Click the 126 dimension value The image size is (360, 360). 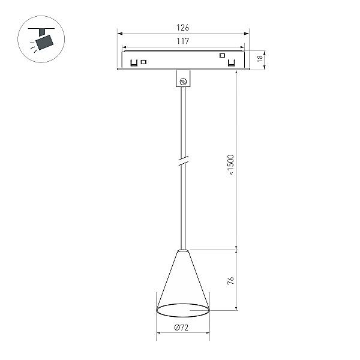pyautogui.click(x=183, y=28)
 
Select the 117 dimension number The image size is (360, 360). pyautogui.click(x=183, y=41)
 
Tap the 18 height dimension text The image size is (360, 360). pyautogui.click(x=260, y=58)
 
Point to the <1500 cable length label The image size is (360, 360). pyautogui.click(x=231, y=164)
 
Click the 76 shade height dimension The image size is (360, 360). pyautogui.click(x=231, y=281)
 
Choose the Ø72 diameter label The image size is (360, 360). pyautogui.click(x=181, y=328)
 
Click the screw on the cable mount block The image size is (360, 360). pyautogui.click(x=183, y=81)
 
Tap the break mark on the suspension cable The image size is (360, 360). pyautogui.click(x=183, y=160)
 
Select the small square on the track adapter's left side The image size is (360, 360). pyautogui.click(x=143, y=62)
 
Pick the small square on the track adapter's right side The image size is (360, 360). pyautogui.click(x=222, y=55)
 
